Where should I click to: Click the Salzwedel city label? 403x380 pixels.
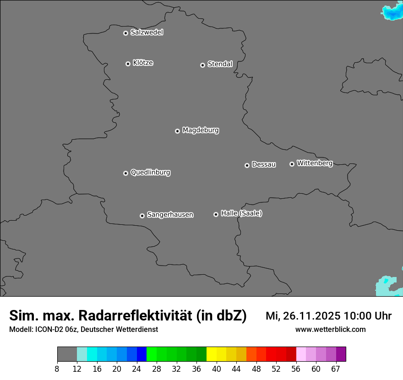point(147,33)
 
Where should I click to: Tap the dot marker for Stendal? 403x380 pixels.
point(202,65)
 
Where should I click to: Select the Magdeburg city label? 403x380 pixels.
point(201,130)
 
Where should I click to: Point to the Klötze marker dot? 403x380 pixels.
point(128,64)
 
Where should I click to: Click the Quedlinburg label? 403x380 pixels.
point(150,173)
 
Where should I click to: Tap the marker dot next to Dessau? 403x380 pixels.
point(247,165)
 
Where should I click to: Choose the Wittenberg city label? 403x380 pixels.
point(315,163)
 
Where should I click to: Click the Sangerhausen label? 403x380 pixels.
point(170,215)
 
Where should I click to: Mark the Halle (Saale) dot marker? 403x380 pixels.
point(216,214)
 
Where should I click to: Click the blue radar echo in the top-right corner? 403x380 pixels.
point(393,12)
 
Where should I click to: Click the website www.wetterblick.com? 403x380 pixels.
point(330,330)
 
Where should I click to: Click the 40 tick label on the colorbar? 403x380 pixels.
point(216,369)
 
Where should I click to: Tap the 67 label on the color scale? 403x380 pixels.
point(336,369)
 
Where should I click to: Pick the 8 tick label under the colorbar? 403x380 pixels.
point(57,369)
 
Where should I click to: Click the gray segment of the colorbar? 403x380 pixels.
point(67,354)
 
